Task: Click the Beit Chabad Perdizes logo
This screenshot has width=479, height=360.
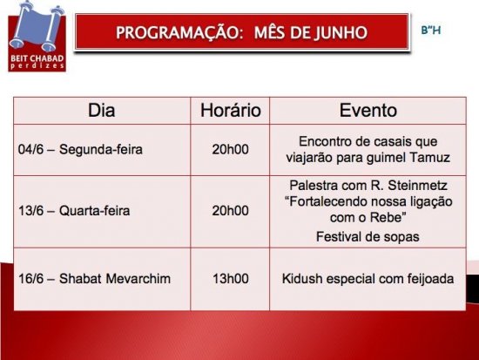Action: point(37,37)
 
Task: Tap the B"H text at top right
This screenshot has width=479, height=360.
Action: point(431,31)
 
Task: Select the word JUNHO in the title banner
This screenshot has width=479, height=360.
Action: point(341,32)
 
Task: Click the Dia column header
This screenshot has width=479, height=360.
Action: point(101,110)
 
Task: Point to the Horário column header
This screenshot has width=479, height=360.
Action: point(230,110)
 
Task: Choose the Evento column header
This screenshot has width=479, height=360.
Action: point(368,110)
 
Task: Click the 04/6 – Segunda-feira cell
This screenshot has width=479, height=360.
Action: point(80,150)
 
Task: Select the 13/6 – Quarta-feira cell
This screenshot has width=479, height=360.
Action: point(74,211)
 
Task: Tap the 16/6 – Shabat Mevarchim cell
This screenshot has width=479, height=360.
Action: point(94,279)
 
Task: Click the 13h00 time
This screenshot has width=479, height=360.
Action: point(230,279)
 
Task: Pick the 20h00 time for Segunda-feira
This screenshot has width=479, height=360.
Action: point(230,150)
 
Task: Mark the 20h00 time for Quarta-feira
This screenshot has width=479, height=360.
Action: point(230,211)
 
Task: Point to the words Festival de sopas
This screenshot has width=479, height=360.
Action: point(368,237)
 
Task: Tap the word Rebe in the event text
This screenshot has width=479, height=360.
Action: point(386,217)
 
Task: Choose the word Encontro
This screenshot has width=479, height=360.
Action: point(323,141)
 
